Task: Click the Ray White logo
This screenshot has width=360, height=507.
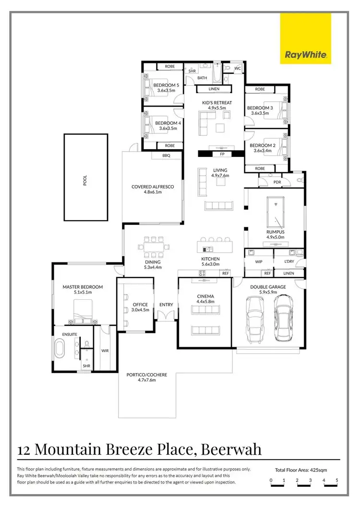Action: [306, 38]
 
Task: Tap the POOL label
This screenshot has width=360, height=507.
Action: [86, 177]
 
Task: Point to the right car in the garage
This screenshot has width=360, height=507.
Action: [283, 318]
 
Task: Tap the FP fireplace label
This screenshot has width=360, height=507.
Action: [222, 154]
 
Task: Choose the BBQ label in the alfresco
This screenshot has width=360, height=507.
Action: [167, 156]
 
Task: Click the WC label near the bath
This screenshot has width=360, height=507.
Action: [238, 69]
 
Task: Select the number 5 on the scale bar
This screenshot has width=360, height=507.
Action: [337, 480]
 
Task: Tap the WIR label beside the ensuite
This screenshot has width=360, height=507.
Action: [105, 351]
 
